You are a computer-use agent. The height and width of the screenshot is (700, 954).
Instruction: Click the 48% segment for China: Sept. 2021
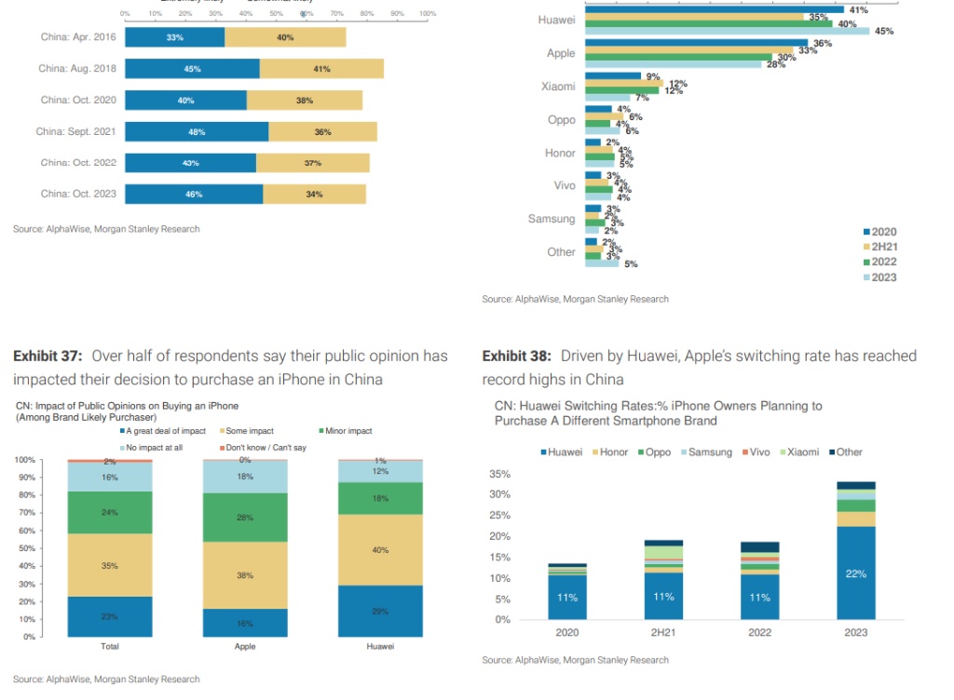[x=197, y=132]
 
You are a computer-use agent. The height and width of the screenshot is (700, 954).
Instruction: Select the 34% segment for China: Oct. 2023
[x=314, y=195]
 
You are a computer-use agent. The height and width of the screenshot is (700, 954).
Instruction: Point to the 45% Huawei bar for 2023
[x=727, y=31]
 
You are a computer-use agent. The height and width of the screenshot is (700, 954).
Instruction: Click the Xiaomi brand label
[x=558, y=87]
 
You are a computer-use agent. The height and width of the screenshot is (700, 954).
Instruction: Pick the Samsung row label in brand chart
[x=552, y=219]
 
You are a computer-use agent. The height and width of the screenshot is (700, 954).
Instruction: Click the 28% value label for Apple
[x=775, y=64]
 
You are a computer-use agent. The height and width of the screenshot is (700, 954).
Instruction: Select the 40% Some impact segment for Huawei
[x=379, y=550]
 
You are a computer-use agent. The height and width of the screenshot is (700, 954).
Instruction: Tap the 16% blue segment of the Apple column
[x=246, y=623]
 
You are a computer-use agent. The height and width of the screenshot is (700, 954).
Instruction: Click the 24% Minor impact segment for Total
[x=111, y=512]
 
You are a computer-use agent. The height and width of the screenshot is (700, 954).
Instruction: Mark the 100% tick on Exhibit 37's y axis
[x=25, y=460]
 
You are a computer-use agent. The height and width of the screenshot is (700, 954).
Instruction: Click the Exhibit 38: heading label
[x=517, y=357]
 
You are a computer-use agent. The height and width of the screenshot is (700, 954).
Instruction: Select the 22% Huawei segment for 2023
[x=855, y=573]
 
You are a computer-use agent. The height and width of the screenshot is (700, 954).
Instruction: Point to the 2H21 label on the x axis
[x=662, y=632]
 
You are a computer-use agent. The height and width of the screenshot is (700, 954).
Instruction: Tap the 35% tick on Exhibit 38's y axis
[x=499, y=475]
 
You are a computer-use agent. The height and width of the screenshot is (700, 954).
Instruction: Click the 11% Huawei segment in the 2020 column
[x=567, y=598]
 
